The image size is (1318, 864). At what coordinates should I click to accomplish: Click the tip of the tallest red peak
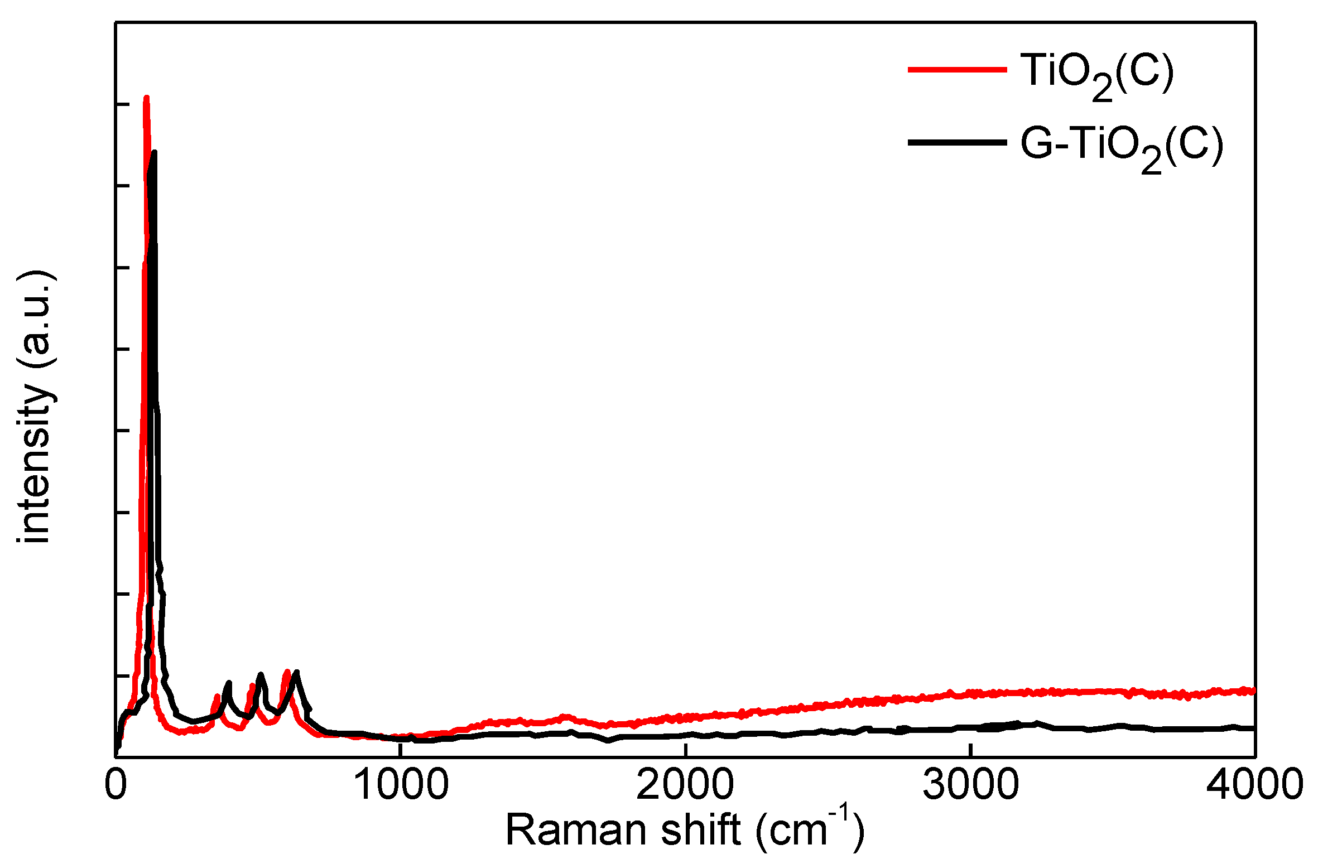(x=146, y=98)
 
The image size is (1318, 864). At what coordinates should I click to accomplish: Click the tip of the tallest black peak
(x=154, y=152)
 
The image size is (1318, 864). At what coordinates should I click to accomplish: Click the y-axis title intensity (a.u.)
(x=35, y=407)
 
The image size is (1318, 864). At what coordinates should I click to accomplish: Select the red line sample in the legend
(x=958, y=70)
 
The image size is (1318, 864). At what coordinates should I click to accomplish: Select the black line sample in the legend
(x=958, y=143)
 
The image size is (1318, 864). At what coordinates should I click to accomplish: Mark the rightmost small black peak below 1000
(x=297, y=673)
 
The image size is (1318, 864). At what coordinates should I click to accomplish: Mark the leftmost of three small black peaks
(x=229, y=683)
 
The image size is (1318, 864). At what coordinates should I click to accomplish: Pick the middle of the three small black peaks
(x=260, y=675)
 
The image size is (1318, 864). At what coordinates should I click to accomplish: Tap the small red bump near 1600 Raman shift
(x=565, y=716)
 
